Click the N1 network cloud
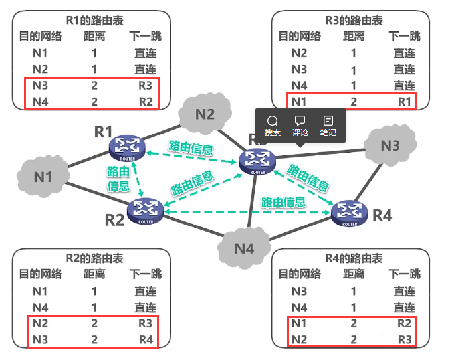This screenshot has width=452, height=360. point(43,176)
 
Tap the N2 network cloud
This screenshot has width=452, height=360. point(205,114)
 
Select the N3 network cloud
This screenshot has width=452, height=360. point(391,145)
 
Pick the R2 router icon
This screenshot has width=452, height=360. point(147,211)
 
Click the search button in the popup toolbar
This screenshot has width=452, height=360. point(273,125)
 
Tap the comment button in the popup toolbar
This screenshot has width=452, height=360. point(300,125)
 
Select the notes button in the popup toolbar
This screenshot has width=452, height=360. point(328,125)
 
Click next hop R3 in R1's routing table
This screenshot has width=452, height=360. point(145,86)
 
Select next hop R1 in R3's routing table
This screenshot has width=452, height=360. point(404,102)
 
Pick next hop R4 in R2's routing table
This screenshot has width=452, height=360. point(145,339)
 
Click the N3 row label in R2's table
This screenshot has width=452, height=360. point(41,339)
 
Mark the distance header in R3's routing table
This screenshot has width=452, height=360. point(354,37)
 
